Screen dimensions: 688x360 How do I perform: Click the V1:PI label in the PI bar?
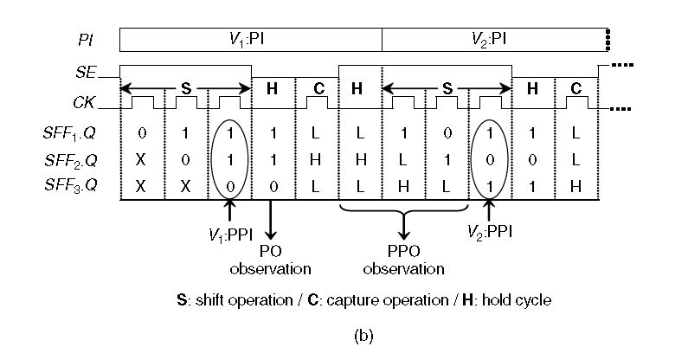(x=247, y=40)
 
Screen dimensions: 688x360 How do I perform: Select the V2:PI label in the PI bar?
(x=489, y=40)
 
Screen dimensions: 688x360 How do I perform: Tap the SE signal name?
(x=86, y=72)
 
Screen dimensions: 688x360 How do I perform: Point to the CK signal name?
(x=84, y=102)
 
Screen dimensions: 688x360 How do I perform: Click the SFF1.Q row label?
(x=69, y=133)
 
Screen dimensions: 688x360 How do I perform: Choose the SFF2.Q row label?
(x=70, y=160)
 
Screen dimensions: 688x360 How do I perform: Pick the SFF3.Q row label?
(x=70, y=185)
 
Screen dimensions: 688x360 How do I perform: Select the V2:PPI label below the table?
(x=489, y=231)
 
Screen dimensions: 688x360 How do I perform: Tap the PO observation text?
(x=271, y=260)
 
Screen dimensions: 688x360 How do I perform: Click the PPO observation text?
(x=403, y=260)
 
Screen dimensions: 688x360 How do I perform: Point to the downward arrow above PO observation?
(x=271, y=220)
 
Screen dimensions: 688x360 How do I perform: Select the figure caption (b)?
(x=363, y=336)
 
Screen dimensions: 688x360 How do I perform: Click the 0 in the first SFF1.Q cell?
(x=142, y=133)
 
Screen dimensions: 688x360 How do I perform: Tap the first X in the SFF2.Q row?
(x=140, y=160)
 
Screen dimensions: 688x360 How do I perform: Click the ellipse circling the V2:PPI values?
(x=472, y=159)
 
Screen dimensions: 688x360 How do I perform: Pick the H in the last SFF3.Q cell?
(x=575, y=187)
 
